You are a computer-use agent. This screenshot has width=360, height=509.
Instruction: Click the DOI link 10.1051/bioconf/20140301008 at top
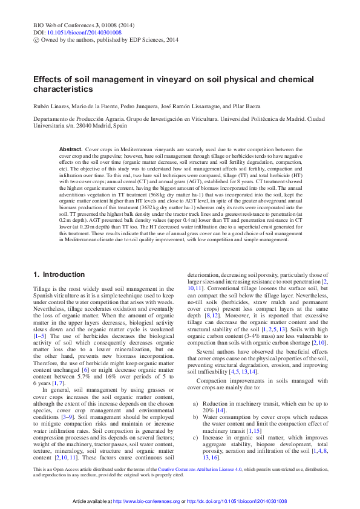coord(84,32)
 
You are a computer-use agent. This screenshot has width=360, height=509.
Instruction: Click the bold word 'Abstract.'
coord(71,149)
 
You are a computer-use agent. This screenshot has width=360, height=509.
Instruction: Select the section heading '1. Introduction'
coord(59,274)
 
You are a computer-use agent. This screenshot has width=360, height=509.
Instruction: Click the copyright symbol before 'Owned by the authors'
coord(36,39)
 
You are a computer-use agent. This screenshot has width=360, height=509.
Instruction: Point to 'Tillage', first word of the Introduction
coord(42,290)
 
